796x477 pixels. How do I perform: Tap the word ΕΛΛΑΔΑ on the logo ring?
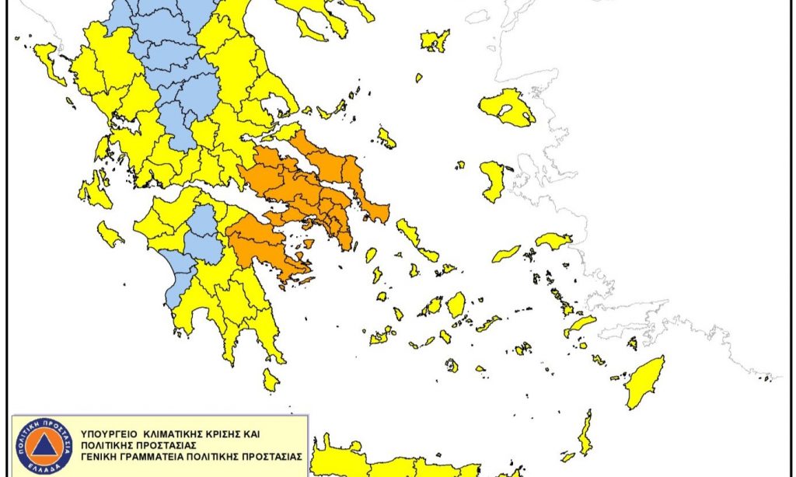click(44, 471)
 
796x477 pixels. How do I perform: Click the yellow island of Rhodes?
click(646, 381)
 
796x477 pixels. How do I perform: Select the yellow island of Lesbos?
click(507, 107)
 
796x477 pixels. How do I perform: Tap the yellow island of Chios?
click(491, 181)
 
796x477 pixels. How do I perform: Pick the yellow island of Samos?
click(554, 241)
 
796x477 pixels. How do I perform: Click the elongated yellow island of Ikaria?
click(506, 254)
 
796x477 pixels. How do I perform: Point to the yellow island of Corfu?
click(49, 63)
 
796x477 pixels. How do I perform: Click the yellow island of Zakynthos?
click(110, 233)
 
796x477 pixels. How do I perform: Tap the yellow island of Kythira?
click(271, 380)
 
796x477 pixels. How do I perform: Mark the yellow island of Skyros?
click(386, 138)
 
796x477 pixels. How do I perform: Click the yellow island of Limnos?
click(435, 40)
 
